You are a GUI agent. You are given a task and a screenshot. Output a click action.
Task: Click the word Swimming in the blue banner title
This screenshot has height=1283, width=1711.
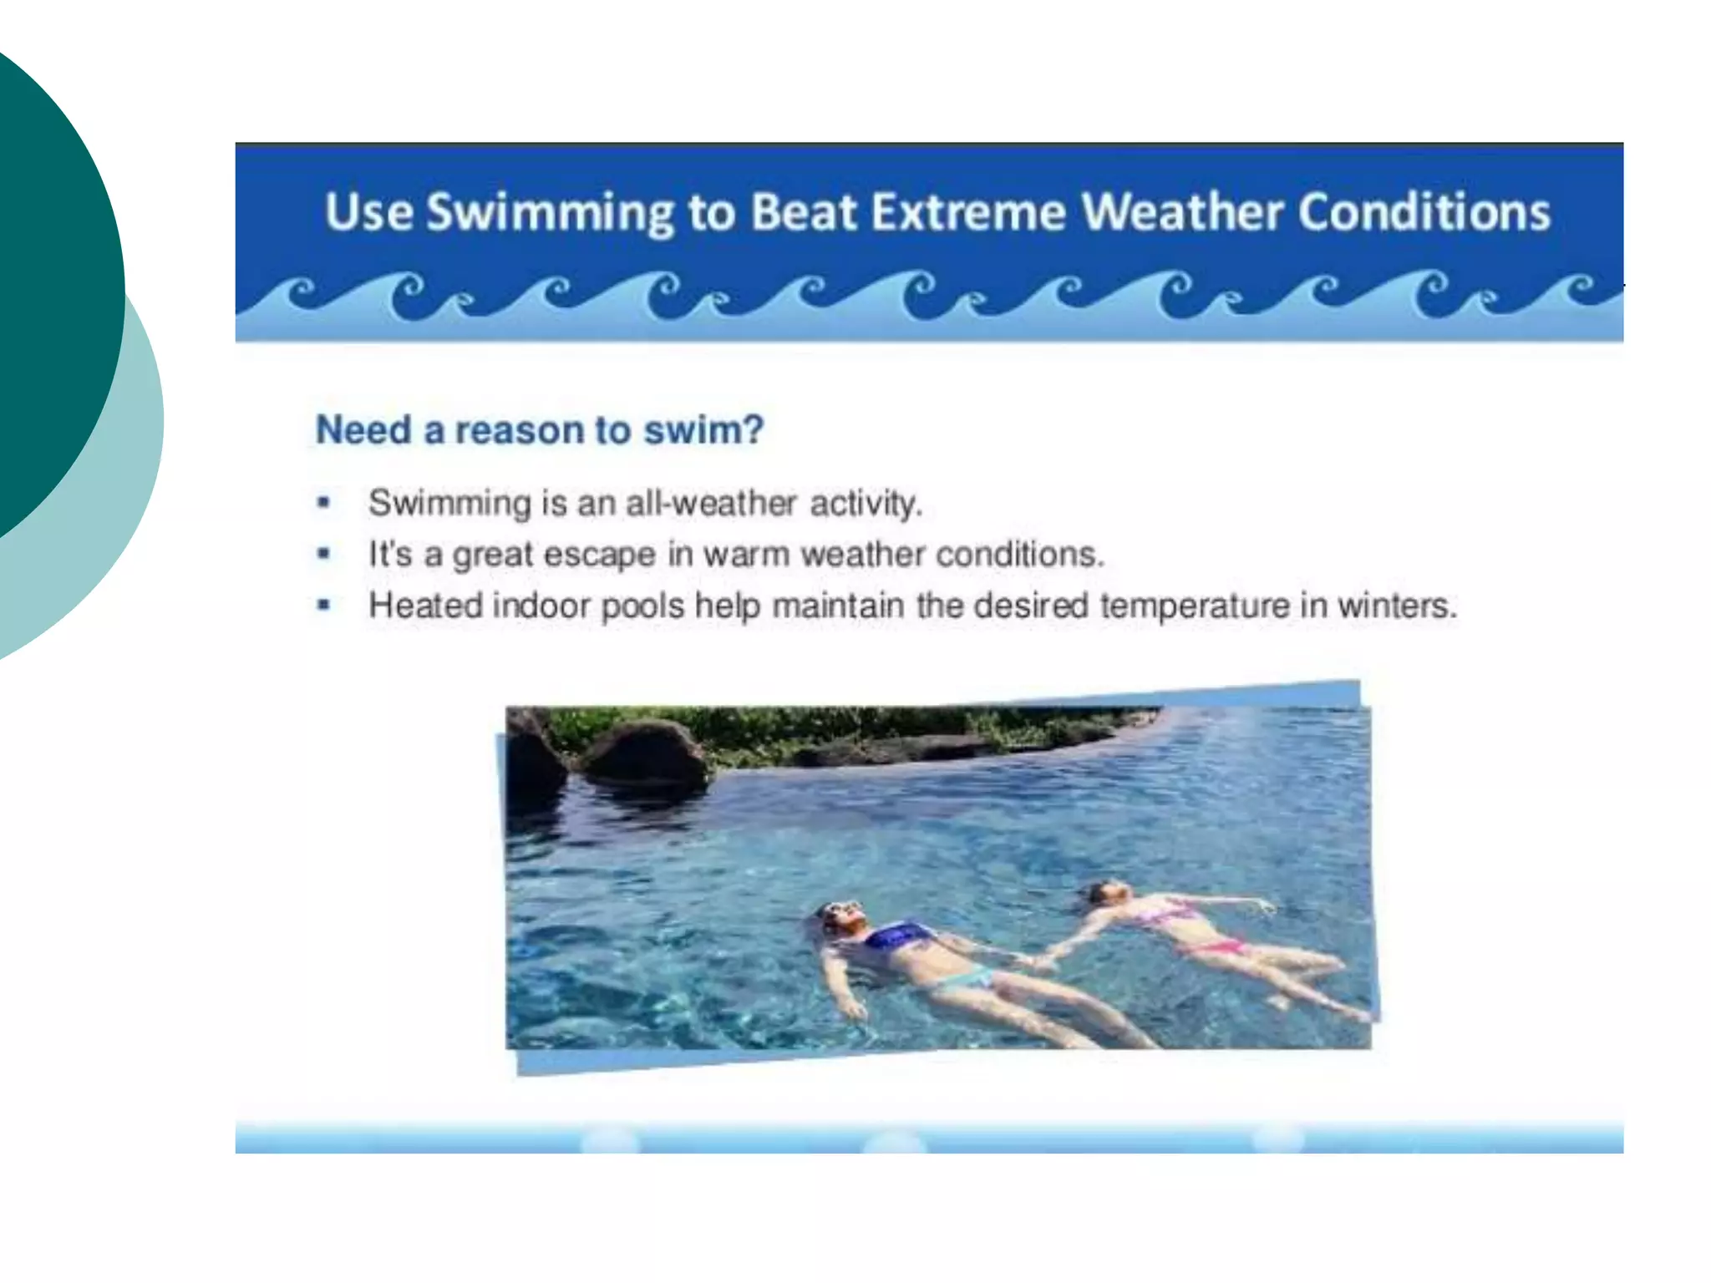pyautogui.click(x=549, y=213)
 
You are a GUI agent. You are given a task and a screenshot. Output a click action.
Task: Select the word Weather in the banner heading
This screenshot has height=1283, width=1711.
pyautogui.click(x=1181, y=211)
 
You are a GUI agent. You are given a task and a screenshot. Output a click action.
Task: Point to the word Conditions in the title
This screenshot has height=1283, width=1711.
pyautogui.click(x=1424, y=211)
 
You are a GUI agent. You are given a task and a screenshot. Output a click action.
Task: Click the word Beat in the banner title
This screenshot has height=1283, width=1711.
pyautogui.click(x=803, y=211)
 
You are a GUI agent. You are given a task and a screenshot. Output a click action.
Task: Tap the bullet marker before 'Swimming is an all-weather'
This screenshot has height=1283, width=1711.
pyautogui.click(x=324, y=503)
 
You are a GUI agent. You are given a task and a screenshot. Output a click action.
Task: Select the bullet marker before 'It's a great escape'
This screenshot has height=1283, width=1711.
pyautogui.click(x=324, y=554)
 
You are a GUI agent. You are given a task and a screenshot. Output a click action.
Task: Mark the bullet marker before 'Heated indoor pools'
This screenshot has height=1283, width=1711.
pyautogui.click(x=324, y=605)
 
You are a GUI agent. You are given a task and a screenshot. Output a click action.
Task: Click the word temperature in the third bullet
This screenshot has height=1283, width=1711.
pyautogui.click(x=1194, y=606)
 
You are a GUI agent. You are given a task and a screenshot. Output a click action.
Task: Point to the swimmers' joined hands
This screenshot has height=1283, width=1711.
pyautogui.click(x=1039, y=961)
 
